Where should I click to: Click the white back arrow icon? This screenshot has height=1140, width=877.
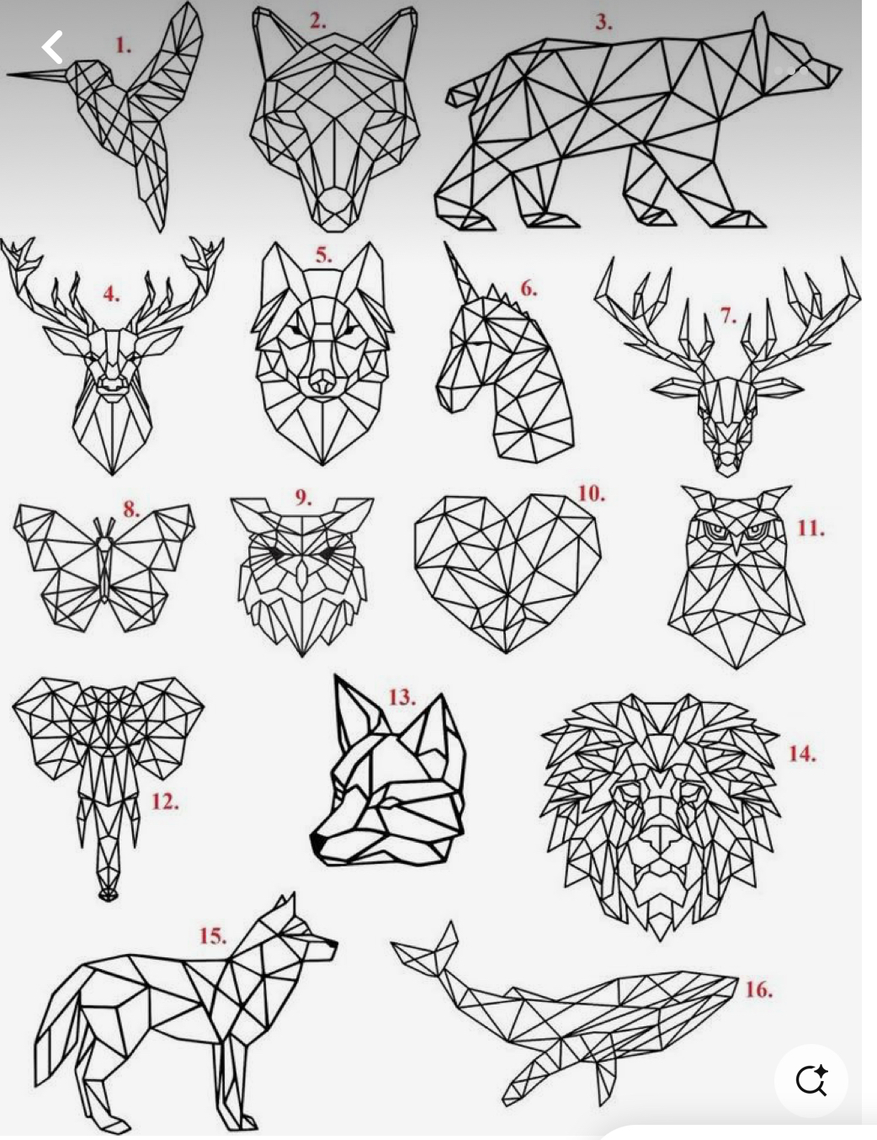pyautogui.click(x=52, y=46)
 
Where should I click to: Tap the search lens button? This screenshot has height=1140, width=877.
pyautogui.click(x=811, y=1080)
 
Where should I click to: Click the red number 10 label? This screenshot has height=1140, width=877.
pyautogui.click(x=592, y=493)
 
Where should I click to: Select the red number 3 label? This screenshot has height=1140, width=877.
pyautogui.click(x=603, y=22)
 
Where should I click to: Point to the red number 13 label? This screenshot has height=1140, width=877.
pyautogui.click(x=402, y=697)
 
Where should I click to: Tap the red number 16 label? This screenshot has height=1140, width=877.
pyautogui.click(x=758, y=990)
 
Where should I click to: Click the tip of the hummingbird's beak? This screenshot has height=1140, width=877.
pyautogui.click(x=8, y=74)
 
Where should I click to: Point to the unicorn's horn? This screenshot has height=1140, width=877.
pyautogui.click(x=457, y=272)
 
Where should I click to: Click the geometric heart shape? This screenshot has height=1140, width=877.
pyautogui.click(x=507, y=572)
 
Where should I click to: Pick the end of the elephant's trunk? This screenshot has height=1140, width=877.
pyautogui.click(x=108, y=894)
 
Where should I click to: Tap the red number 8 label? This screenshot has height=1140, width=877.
pyautogui.click(x=131, y=509)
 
